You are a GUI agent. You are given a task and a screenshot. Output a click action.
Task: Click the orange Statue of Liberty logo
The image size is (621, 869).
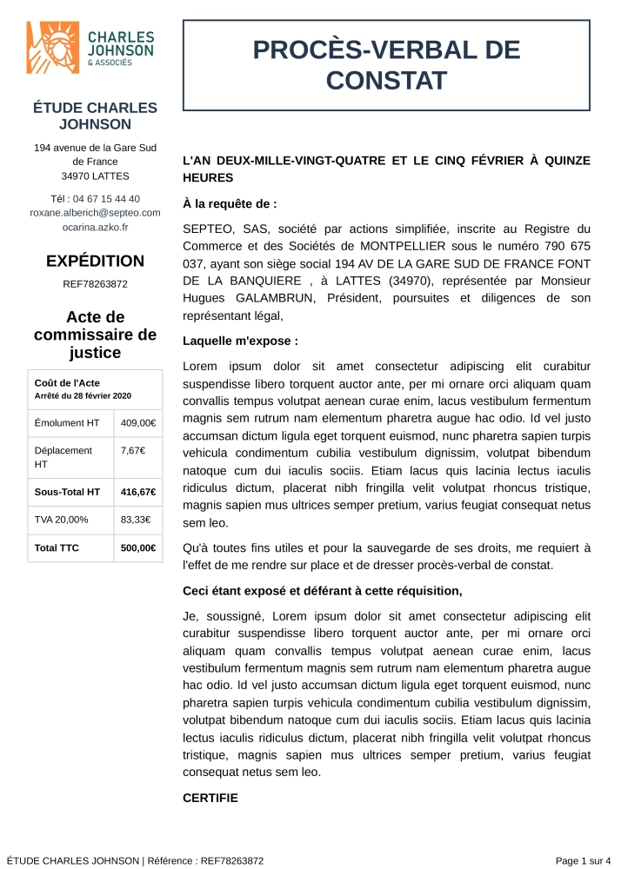(55, 48)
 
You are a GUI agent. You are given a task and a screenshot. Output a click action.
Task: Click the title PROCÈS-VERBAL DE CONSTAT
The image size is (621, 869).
(386, 65)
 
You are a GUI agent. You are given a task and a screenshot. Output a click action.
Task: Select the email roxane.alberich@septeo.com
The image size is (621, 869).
(96, 213)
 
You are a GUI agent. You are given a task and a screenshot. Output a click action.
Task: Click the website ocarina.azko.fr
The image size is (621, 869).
(96, 227)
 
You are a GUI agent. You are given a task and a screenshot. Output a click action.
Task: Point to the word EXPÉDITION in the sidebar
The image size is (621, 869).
(96, 261)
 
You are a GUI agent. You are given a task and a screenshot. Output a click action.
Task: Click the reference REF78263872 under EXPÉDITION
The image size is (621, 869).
(96, 283)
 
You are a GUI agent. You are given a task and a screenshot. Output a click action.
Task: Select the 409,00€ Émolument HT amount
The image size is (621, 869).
(138, 423)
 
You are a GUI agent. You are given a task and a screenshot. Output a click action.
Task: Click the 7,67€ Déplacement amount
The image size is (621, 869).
(132, 450)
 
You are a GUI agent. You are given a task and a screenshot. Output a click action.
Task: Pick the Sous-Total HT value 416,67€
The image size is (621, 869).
(138, 492)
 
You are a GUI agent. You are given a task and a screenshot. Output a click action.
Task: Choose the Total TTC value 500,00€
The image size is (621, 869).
(138, 547)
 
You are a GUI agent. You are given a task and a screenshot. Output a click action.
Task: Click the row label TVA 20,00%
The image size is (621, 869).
(61, 520)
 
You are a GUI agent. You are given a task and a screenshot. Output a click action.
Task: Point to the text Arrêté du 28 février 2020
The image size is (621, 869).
(83, 396)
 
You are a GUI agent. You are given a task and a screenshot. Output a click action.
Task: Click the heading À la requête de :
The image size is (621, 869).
(230, 204)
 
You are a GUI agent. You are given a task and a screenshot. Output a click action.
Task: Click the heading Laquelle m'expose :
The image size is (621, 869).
(240, 341)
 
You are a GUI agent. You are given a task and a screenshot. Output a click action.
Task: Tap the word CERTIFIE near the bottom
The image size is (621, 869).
(210, 797)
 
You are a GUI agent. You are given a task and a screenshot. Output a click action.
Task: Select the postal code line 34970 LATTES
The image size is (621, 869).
(96, 176)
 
